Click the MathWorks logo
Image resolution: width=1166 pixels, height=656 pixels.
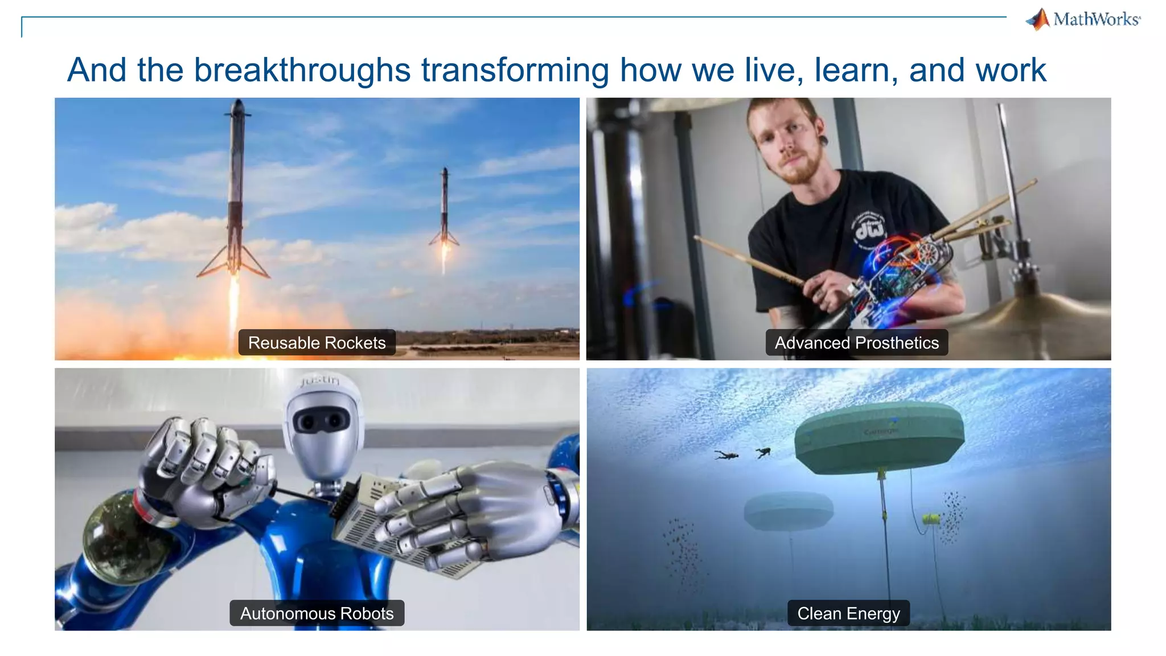(x=1083, y=19)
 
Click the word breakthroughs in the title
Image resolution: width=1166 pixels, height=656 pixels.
(x=302, y=70)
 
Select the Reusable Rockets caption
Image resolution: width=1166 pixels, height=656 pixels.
(x=317, y=343)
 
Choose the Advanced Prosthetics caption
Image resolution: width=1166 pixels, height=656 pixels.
(x=856, y=343)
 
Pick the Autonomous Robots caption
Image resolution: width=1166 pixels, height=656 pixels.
(x=317, y=613)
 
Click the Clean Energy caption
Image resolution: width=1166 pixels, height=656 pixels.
(x=848, y=613)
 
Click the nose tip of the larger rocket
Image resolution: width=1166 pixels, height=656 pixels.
(x=238, y=101)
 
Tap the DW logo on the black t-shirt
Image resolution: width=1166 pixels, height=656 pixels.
(x=870, y=230)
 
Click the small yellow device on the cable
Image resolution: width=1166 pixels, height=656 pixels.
(x=931, y=518)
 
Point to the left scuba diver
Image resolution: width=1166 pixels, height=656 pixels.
(x=726, y=455)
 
